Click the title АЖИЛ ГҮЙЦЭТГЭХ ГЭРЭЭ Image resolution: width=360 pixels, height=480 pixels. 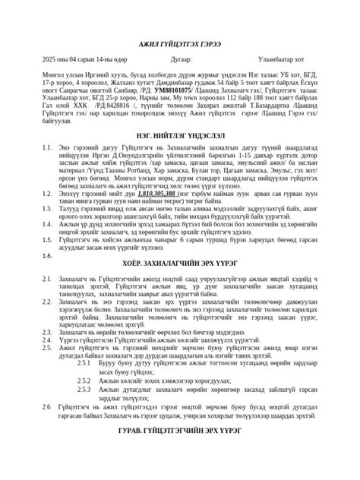coord(180,46)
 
